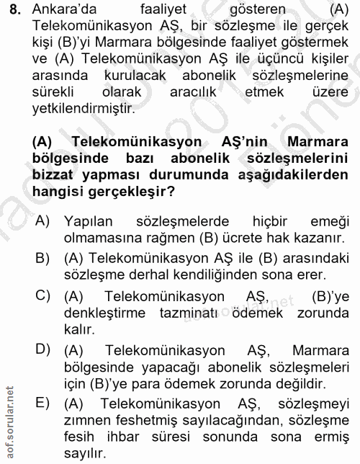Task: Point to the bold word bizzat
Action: click(x=55, y=175)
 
